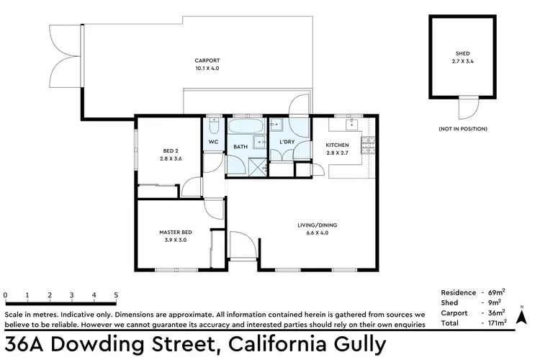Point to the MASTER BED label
pos(173,232)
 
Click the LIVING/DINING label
pos(317,225)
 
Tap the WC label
pos(213,142)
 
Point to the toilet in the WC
pos(213,127)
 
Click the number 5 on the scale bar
pos(116,295)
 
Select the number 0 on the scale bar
pos(6,295)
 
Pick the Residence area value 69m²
pos(497,292)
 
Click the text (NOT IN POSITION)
pos(462,128)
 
